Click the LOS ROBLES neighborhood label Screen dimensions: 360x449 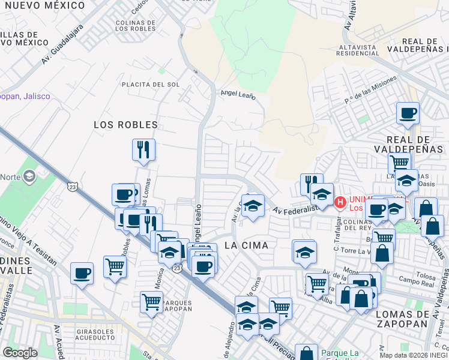coord(125,125)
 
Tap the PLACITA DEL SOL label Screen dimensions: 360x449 coord(150,85)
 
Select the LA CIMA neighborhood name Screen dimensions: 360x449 coord(246,245)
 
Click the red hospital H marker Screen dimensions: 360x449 coord(340,203)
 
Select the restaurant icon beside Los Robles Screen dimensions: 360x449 coord(143,149)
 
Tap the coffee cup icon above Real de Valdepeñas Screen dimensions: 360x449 coord(408,112)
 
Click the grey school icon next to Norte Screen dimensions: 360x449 coord(29,176)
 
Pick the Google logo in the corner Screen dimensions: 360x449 coord(20,353)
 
